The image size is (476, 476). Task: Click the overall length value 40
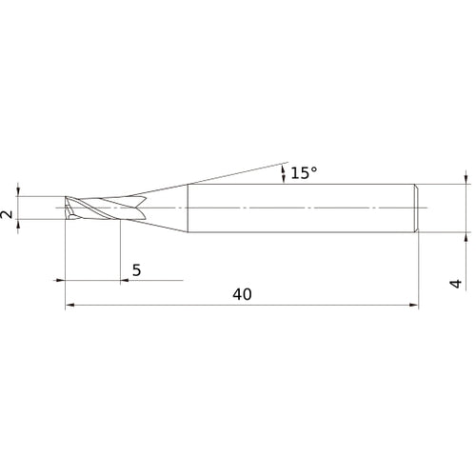[241, 294]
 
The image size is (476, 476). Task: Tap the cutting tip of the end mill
[67, 207]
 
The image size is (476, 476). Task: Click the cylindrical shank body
[300, 207]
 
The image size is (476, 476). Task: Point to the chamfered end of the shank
[416, 207]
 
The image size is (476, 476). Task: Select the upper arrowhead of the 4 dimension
[466, 178]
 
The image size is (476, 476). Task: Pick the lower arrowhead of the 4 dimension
[466, 235]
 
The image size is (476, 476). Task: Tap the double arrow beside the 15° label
[282, 172]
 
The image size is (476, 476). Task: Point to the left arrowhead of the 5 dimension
[59, 281]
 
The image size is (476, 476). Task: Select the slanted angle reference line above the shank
[238, 172]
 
